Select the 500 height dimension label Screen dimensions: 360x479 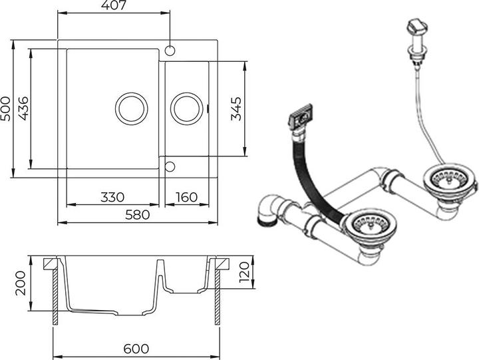[x=7, y=109]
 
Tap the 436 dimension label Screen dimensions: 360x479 [x=23, y=108]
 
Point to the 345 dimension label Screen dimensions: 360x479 [x=237, y=108]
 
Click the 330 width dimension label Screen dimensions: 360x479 [x=112, y=198]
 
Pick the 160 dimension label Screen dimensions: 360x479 [x=187, y=198]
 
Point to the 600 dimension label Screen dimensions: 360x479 [x=135, y=349]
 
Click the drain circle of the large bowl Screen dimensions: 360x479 [x=132, y=108]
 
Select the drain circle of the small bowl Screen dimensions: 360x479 [x=186, y=108]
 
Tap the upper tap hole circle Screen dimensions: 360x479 [x=170, y=51]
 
